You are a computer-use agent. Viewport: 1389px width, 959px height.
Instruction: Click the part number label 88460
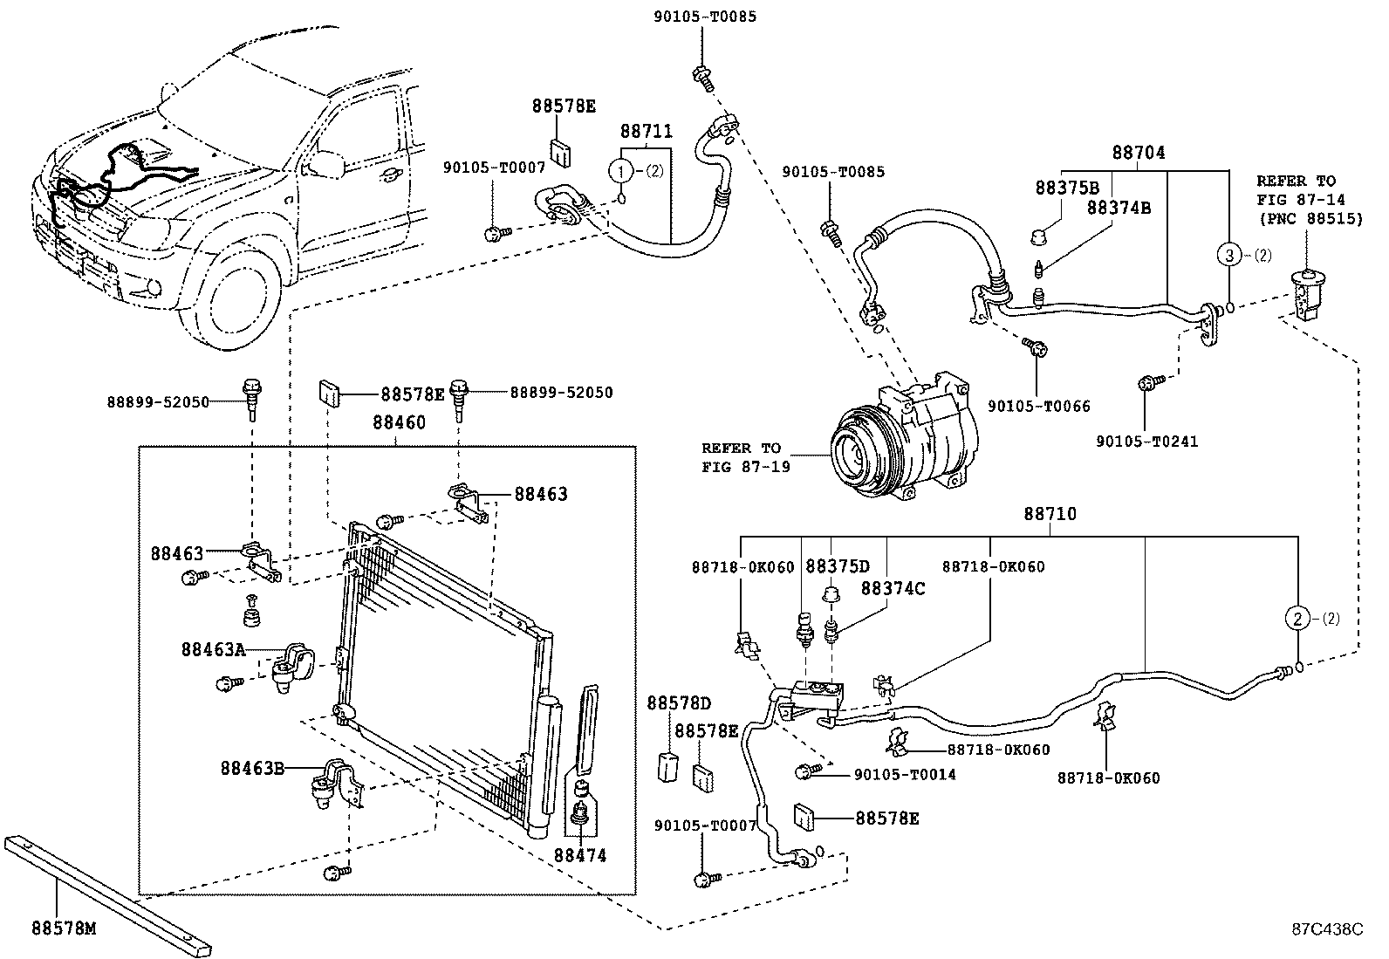399,423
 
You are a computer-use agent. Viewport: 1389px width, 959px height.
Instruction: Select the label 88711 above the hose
647,132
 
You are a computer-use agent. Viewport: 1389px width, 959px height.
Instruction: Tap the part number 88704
1139,153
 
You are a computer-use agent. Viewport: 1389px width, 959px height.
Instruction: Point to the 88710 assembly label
1050,514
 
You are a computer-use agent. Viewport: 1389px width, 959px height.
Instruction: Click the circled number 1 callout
621,170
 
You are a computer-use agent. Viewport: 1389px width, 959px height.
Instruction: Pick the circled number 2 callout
1298,618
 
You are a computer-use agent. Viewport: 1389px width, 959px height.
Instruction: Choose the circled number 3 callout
1229,254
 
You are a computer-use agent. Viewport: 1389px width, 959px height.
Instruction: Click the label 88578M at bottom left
64,928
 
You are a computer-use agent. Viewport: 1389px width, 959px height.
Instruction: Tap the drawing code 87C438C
1328,929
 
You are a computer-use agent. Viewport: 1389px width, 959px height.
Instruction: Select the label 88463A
213,649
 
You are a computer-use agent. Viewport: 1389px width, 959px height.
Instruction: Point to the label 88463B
252,768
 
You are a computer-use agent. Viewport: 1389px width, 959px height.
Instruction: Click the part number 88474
580,855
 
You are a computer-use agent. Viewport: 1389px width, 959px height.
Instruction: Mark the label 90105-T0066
1038,407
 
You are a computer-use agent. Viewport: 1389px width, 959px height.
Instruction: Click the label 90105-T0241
1146,442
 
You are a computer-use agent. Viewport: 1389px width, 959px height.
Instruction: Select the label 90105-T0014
905,775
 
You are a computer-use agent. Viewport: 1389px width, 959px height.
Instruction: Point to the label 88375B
1067,188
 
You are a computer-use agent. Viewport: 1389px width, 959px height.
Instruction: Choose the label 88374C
893,589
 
